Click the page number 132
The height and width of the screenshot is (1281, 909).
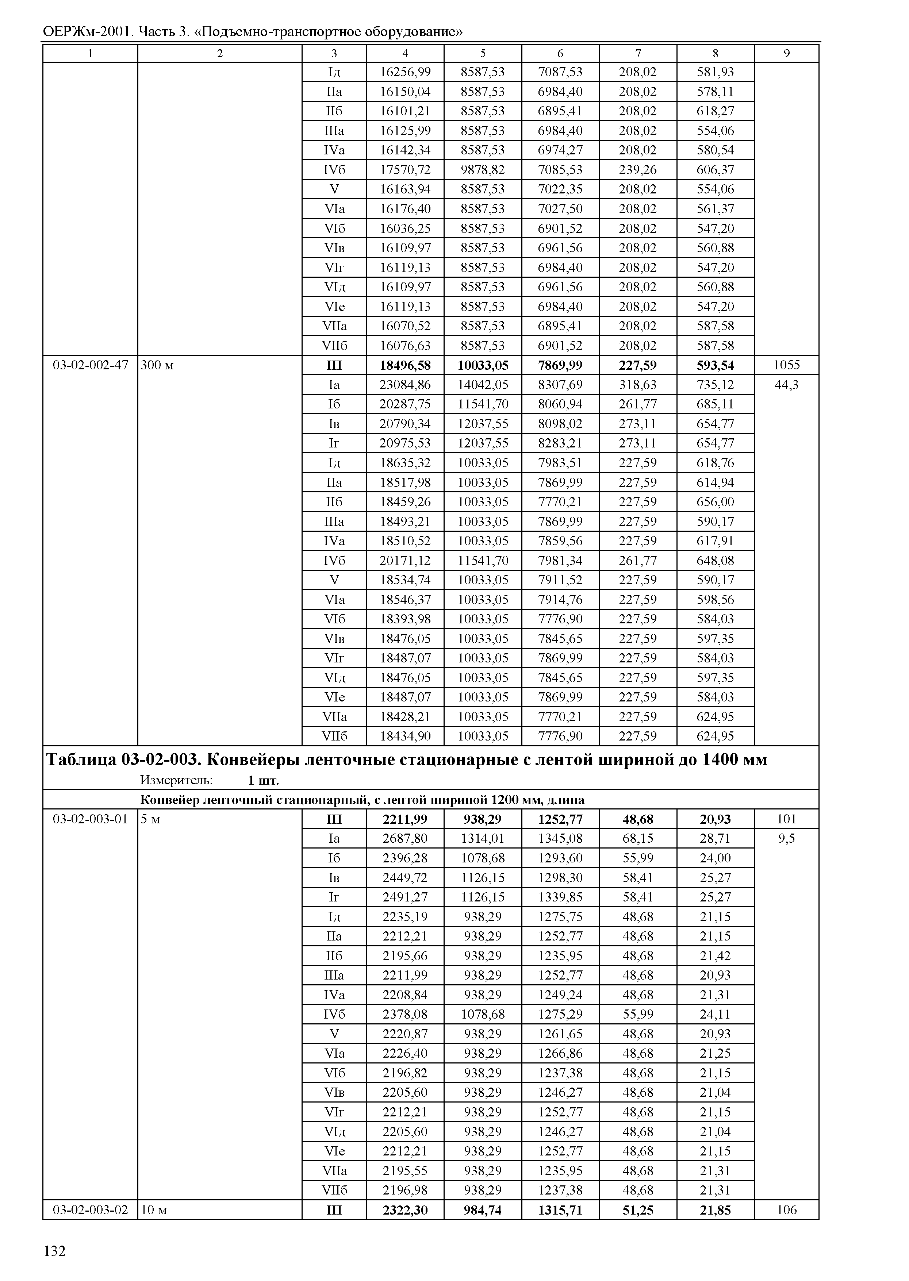[x=54, y=1251]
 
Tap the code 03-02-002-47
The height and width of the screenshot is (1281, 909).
[x=90, y=365]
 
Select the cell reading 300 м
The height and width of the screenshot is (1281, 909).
[x=157, y=365]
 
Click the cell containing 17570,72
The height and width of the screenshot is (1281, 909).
[x=405, y=170]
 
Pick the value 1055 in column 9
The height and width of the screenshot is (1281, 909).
[x=786, y=365]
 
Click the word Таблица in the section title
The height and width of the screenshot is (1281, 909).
[x=81, y=760]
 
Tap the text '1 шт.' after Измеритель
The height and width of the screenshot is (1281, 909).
[x=263, y=780]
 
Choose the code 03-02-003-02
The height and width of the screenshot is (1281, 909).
[x=90, y=1210]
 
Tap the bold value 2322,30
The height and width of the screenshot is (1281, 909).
[x=405, y=1210]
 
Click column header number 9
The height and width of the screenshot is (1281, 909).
[x=786, y=54]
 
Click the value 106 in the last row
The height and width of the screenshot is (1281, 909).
[x=786, y=1210]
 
